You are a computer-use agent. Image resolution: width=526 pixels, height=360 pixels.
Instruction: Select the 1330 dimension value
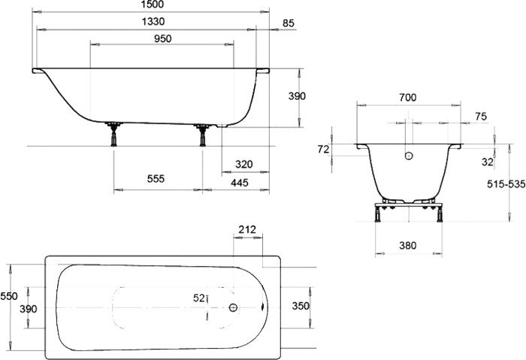[x=153, y=22]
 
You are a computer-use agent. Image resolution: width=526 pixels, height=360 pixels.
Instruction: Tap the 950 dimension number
[x=163, y=39]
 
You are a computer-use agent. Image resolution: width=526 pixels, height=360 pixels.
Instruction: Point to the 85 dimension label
[x=288, y=23]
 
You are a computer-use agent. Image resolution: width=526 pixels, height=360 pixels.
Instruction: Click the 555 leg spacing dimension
[x=156, y=179]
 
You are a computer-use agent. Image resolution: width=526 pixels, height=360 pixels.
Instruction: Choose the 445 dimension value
[x=240, y=183]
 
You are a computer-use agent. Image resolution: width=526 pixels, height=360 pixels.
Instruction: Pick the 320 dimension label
[x=244, y=165]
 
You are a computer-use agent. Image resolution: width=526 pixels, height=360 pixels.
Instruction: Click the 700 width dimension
[x=408, y=98]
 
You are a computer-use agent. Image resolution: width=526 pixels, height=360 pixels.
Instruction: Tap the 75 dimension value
[x=481, y=116]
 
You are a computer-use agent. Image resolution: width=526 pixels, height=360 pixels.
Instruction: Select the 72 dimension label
[x=323, y=150]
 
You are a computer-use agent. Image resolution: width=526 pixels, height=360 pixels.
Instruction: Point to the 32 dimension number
[x=488, y=162]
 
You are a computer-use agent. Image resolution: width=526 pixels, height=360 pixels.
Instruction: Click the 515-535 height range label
[x=506, y=184]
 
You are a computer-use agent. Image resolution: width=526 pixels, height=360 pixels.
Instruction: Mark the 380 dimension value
[x=408, y=246]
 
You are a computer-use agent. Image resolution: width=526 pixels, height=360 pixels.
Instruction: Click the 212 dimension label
[x=247, y=230]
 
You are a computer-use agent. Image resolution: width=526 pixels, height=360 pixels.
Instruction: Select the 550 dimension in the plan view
[x=9, y=296]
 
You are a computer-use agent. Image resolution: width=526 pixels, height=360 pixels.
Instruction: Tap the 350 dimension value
[x=301, y=306]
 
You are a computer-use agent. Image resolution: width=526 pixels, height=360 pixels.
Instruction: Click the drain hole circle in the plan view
[x=233, y=307]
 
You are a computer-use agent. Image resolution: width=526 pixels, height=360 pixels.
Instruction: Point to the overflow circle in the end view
[x=409, y=156]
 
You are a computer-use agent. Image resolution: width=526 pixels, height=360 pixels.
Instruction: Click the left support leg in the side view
[x=113, y=135]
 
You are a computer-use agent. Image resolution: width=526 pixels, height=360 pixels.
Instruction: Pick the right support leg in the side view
[x=202, y=135]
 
